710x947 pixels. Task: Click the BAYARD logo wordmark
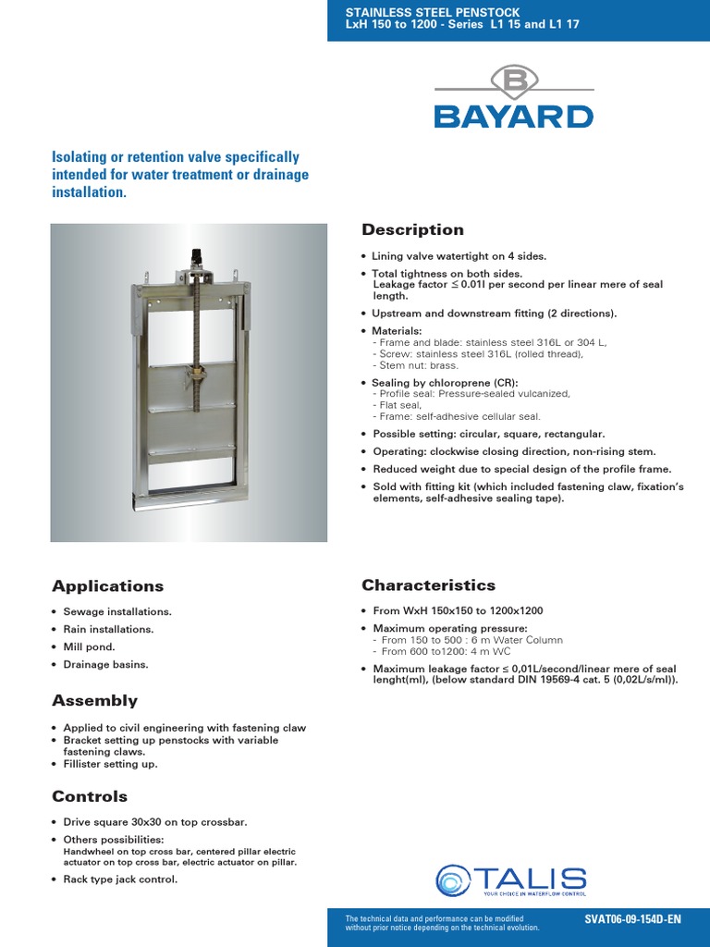tap(514, 117)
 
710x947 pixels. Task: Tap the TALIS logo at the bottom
tap(511, 880)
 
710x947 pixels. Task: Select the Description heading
tap(412, 229)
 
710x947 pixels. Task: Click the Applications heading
tap(107, 585)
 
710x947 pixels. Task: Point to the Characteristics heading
tap(428, 584)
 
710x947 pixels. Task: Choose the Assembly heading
tap(94, 700)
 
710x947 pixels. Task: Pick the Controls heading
tap(90, 796)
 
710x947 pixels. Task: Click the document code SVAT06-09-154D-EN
tap(632, 919)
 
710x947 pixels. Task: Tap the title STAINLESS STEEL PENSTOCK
tap(421, 12)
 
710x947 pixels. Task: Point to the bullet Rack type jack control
tap(119, 879)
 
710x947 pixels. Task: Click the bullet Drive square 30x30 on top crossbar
tap(154, 821)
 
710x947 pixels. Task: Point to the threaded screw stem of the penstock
tap(196, 324)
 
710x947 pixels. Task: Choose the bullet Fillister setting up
tap(110, 764)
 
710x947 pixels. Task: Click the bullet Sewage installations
tap(116, 611)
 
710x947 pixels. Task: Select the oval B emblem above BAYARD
tap(514, 81)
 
